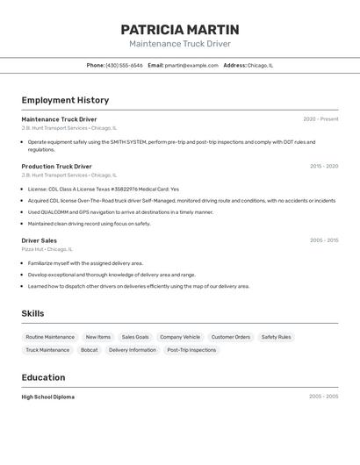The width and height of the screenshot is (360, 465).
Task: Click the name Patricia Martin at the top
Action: click(x=180, y=29)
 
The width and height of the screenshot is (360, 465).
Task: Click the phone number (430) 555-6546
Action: click(x=124, y=65)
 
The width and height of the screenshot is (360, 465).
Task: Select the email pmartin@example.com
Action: click(x=191, y=65)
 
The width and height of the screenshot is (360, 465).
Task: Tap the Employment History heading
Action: click(x=65, y=100)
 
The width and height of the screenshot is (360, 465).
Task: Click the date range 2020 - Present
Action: click(x=320, y=119)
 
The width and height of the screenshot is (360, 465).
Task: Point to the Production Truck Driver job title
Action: click(x=56, y=166)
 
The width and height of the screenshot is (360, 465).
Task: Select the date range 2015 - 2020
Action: click(x=323, y=166)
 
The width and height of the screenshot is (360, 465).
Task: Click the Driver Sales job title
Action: click(x=39, y=240)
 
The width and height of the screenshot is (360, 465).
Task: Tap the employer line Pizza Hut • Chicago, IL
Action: click(x=47, y=249)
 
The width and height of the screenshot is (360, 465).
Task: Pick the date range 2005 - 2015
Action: click(x=323, y=240)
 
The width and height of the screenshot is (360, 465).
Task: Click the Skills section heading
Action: click(x=32, y=313)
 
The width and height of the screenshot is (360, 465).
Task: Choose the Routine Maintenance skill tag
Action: click(x=50, y=337)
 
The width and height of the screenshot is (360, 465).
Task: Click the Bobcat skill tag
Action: click(x=89, y=350)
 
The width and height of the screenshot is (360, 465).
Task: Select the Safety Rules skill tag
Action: click(x=276, y=337)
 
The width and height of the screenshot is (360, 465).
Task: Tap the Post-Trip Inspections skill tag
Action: click(x=191, y=350)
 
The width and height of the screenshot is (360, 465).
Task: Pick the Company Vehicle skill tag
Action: click(x=180, y=337)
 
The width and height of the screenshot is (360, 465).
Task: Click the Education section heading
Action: click(x=43, y=377)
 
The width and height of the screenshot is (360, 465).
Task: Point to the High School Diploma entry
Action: click(x=47, y=397)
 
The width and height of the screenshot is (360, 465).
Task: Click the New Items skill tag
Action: click(x=98, y=337)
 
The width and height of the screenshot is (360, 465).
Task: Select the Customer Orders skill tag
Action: click(x=231, y=337)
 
